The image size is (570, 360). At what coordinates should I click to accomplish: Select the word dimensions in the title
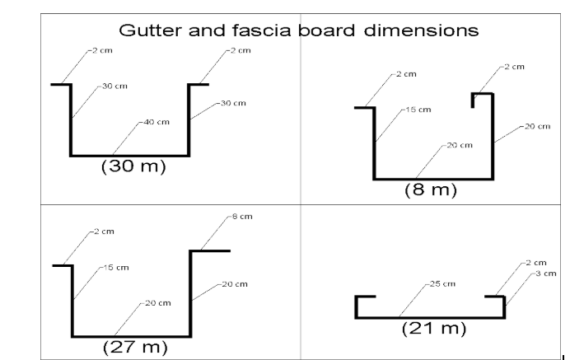(421, 30)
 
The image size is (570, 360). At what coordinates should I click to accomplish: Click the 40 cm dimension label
(157, 122)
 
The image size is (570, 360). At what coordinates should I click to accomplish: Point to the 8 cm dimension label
(242, 217)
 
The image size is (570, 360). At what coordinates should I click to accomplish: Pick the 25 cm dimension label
(442, 283)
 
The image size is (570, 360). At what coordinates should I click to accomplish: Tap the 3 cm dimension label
(546, 274)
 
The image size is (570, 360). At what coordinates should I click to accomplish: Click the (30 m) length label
(133, 166)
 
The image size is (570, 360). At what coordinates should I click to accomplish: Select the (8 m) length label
(431, 189)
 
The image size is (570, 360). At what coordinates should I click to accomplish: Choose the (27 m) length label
(135, 347)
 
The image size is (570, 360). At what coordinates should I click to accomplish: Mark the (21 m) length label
(434, 329)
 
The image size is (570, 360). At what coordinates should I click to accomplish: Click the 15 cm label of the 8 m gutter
(418, 110)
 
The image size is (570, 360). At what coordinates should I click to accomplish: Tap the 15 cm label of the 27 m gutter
(116, 268)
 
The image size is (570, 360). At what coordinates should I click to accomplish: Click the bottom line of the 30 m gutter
(130, 156)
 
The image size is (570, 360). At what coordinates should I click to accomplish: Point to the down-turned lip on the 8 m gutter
(473, 101)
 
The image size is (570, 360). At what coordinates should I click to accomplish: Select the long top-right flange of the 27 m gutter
(210, 250)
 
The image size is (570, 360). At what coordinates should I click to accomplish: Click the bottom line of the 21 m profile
(430, 318)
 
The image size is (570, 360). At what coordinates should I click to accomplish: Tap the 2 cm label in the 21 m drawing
(536, 263)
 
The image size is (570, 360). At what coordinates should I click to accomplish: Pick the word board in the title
(326, 30)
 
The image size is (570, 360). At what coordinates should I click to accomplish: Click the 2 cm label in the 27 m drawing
(104, 231)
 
